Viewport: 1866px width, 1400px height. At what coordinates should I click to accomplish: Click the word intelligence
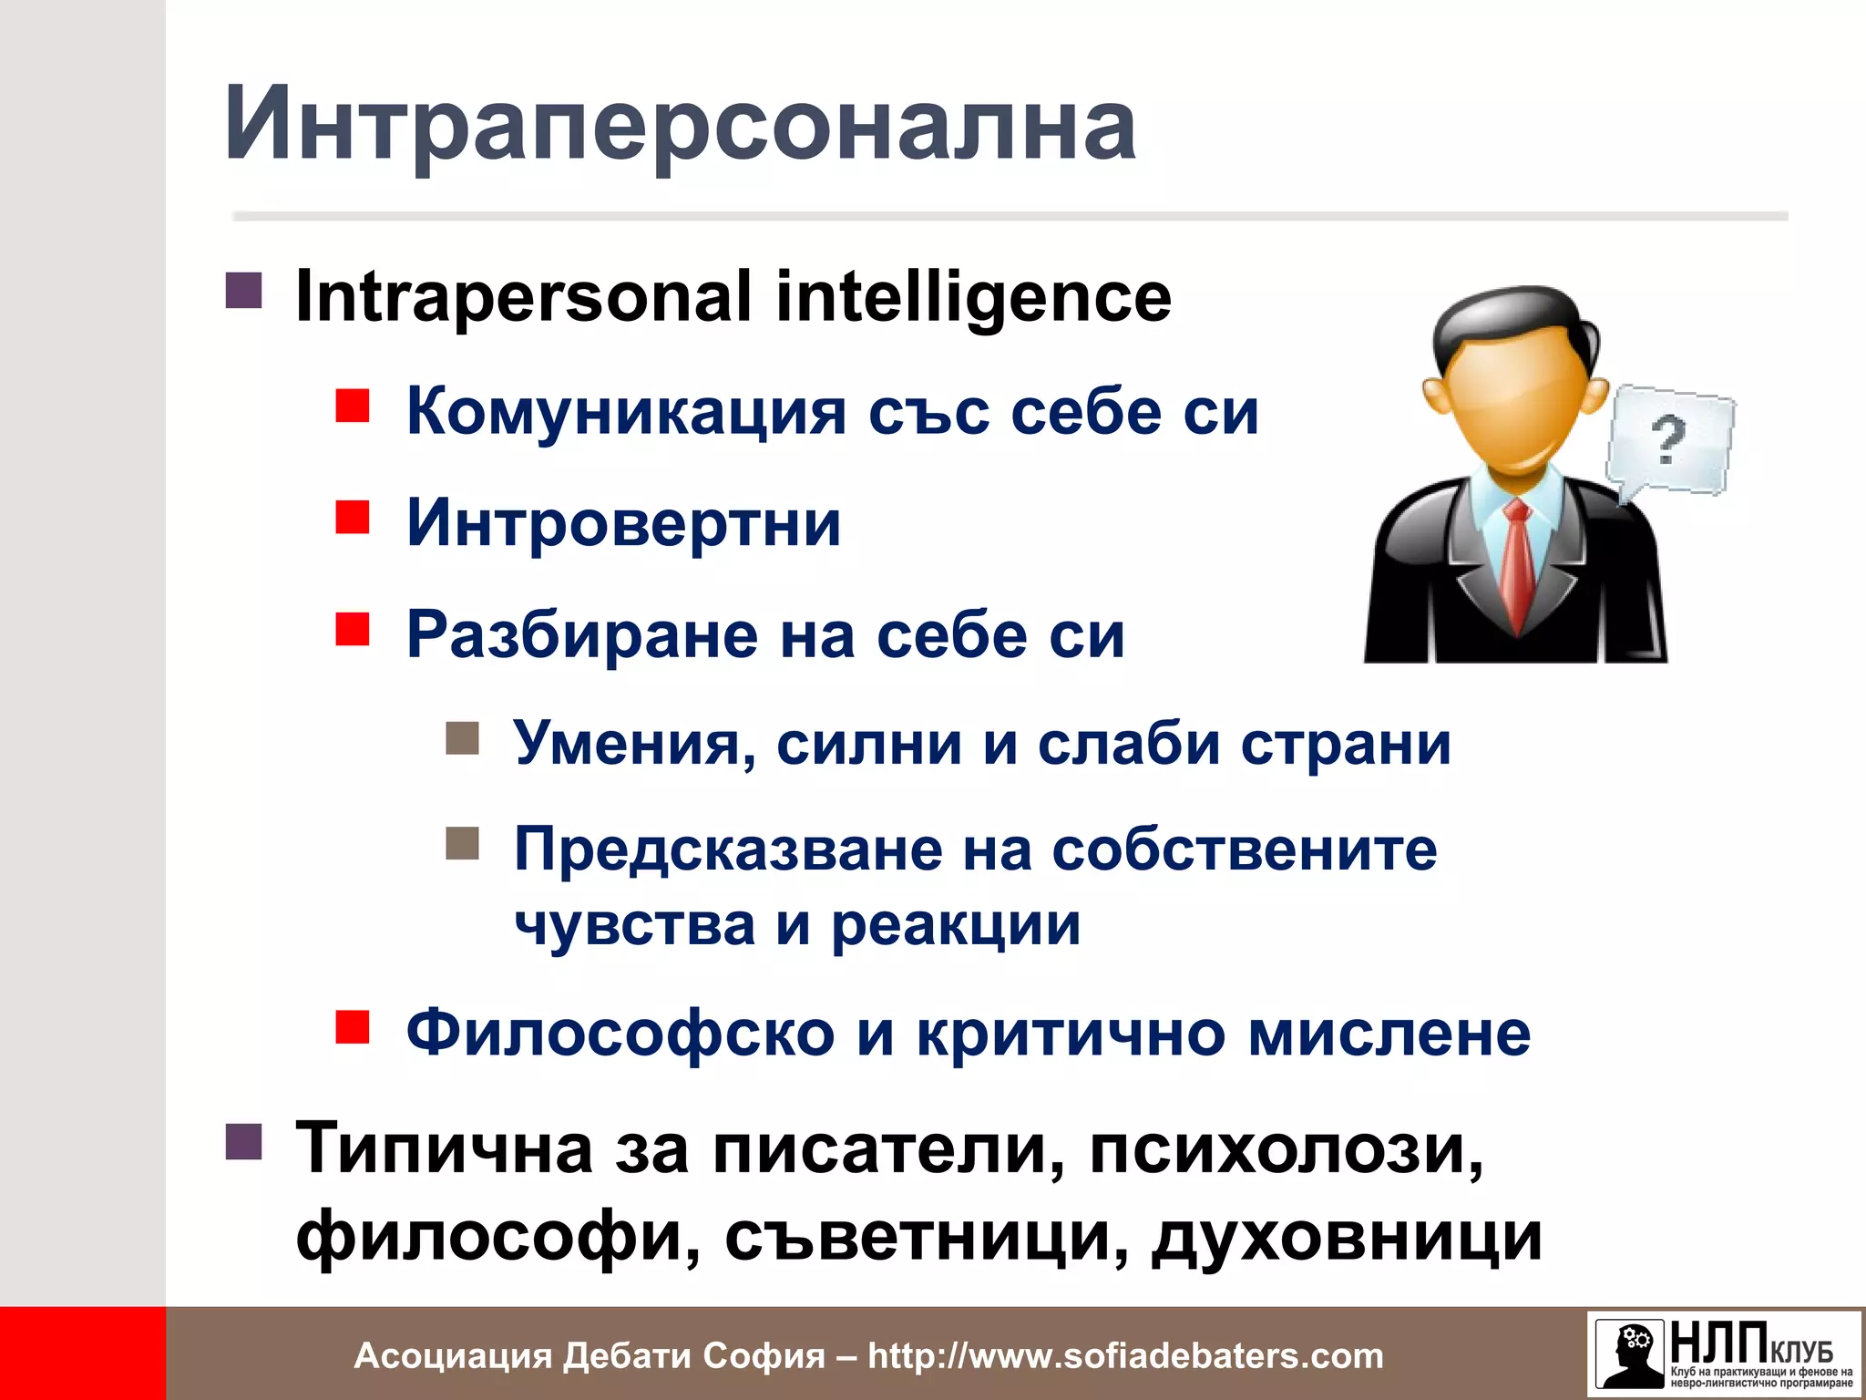[973, 297]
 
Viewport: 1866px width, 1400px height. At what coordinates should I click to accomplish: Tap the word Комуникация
[626, 412]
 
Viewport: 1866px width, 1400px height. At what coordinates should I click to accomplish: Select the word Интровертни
[623, 523]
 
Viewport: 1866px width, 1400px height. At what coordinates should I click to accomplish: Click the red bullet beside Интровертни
[352, 517]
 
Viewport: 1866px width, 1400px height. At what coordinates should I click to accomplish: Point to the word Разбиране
[581, 634]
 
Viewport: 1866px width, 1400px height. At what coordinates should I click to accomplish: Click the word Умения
[634, 744]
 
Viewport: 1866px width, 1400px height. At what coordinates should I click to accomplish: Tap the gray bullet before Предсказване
[462, 843]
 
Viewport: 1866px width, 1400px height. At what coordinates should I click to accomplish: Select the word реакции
[956, 924]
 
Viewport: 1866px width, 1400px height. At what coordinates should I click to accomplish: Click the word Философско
[620, 1034]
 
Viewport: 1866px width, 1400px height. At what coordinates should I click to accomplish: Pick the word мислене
[1389, 1034]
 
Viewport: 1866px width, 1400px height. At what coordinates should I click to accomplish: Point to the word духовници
[1346, 1238]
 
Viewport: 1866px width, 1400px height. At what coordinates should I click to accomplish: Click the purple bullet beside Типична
[243, 1140]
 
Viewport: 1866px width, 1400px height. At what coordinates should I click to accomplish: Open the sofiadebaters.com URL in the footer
[1125, 1356]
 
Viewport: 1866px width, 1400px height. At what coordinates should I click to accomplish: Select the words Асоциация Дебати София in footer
[589, 1356]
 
